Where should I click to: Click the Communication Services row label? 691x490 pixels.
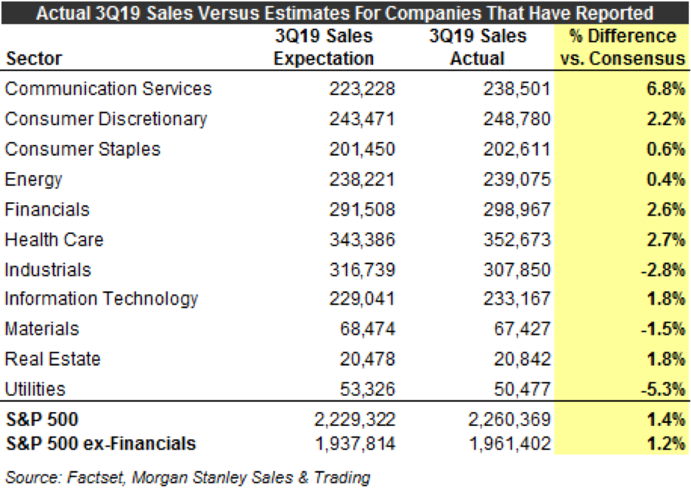coord(108,89)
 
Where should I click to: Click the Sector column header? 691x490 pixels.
coord(34,59)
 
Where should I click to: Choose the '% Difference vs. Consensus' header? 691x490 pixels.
coord(623,47)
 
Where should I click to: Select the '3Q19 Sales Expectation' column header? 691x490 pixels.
coord(324,47)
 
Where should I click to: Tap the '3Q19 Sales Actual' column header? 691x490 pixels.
coord(479,47)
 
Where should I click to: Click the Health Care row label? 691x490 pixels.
coord(54,239)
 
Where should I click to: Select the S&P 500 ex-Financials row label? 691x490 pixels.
coord(100,443)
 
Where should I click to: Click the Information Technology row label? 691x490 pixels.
coord(102,299)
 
